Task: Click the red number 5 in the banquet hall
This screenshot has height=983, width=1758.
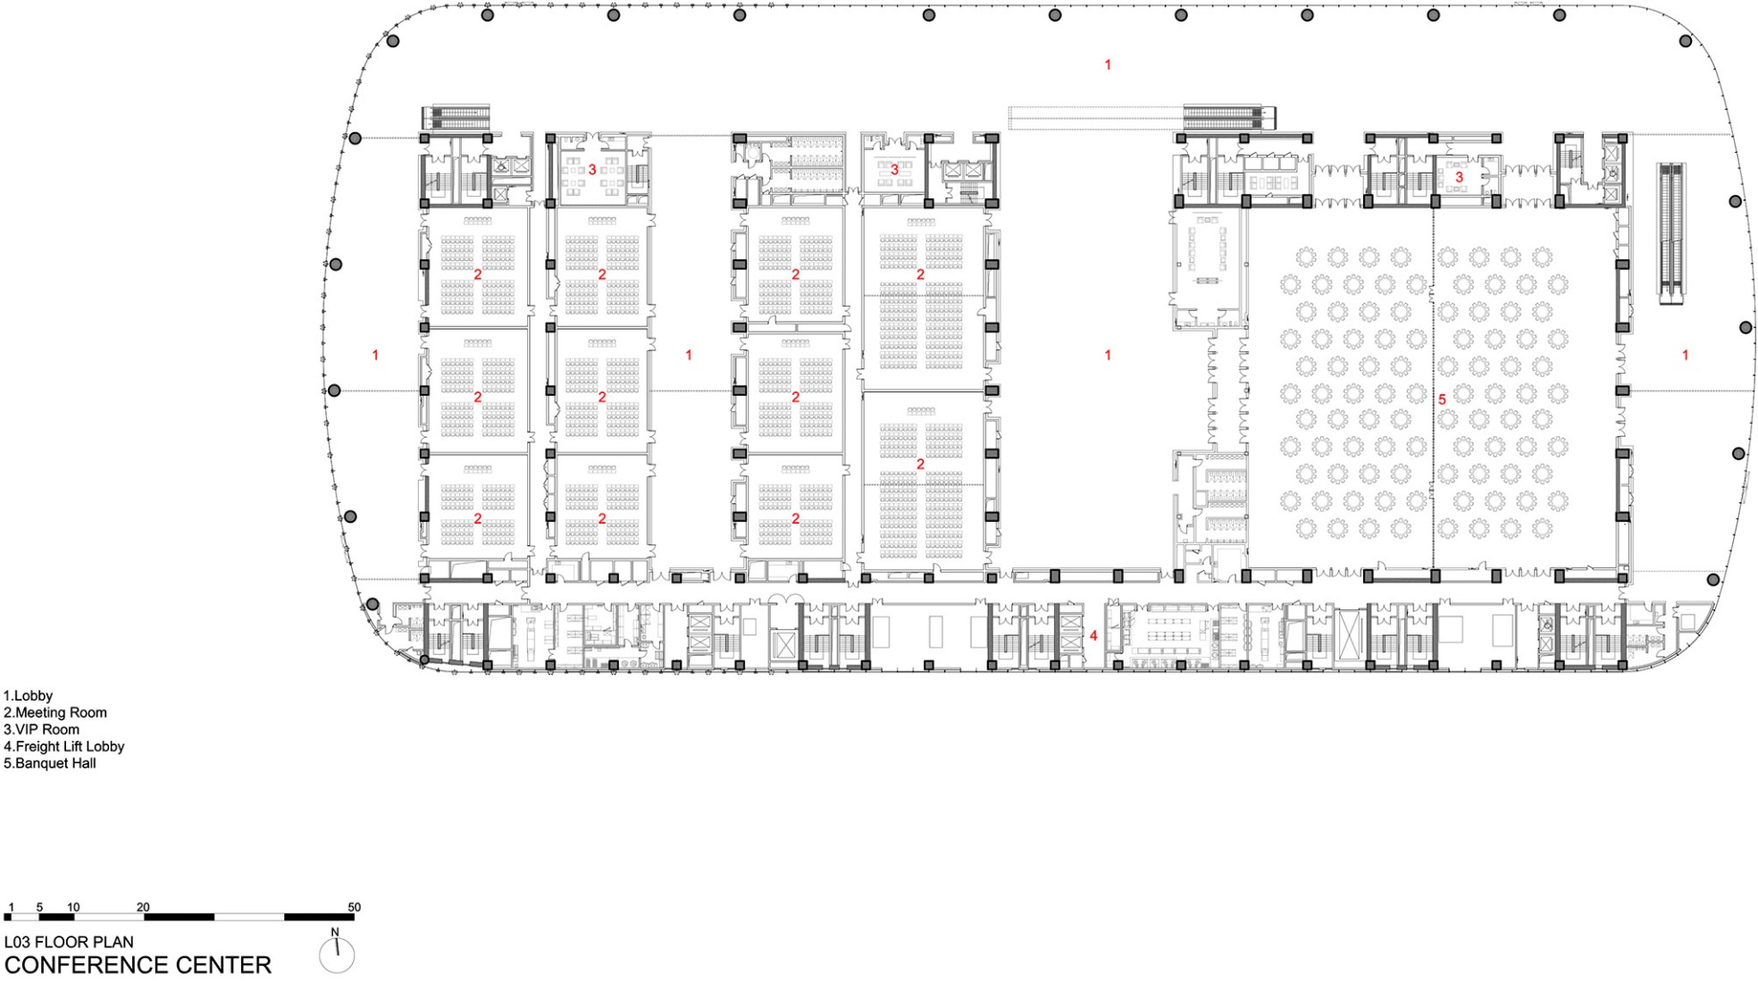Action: [1441, 399]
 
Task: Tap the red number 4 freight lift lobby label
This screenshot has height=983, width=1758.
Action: [1093, 635]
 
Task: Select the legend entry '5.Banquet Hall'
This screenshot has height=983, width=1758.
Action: [50, 763]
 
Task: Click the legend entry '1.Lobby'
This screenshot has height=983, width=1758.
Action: [29, 695]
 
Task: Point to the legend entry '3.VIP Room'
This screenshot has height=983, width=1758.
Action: [42, 729]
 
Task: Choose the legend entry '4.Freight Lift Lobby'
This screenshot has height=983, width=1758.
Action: [64, 746]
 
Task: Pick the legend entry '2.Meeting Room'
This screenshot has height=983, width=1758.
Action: [55, 712]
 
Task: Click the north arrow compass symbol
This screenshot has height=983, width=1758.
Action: [337, 954]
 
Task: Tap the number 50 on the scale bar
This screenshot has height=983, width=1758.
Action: [354, 907]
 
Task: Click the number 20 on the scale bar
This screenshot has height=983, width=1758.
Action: [143, 907]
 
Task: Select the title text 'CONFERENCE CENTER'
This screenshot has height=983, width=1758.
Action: [138, 965]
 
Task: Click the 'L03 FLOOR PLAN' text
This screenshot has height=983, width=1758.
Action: [69, 942]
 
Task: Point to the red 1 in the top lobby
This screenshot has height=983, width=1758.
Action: [1108, 64]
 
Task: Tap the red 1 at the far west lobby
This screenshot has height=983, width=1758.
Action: [375, 355]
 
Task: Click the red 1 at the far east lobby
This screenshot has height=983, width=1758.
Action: [1686, 355]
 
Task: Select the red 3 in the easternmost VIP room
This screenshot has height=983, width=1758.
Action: [1460, 177]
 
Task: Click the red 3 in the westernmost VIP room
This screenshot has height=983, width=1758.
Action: [592, 169]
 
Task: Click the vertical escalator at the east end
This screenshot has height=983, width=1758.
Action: [1671, 232]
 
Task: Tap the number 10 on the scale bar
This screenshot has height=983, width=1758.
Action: [73, 907]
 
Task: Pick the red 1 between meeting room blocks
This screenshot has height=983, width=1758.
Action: [689, 355]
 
